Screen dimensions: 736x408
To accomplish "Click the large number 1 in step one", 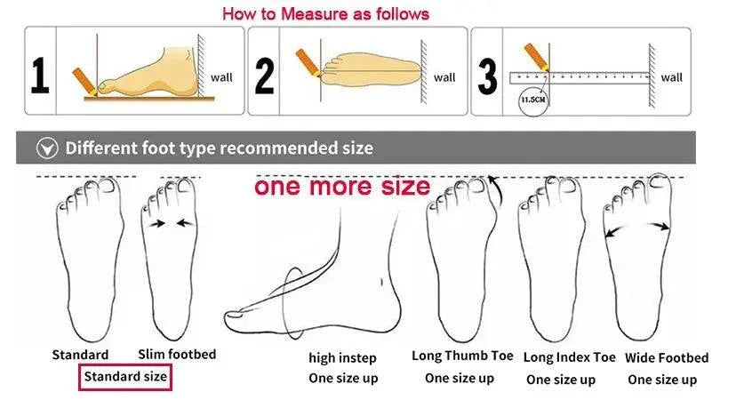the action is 40,76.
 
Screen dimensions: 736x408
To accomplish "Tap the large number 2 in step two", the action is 264,76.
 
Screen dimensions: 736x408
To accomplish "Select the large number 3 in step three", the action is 487,76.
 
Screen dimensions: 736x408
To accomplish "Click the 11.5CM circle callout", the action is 532,100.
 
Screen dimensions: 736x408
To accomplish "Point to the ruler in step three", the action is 580,77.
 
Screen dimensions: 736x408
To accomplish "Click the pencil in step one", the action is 85,81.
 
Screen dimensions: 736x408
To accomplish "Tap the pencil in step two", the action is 308,62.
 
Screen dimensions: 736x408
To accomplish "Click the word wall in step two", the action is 444,77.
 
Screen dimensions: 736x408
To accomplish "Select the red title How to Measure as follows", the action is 325,13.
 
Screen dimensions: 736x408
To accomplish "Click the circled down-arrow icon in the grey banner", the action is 47,148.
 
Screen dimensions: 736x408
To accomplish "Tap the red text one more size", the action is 342,187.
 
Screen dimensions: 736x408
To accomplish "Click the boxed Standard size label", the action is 125,377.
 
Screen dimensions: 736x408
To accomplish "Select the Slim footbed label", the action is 177,354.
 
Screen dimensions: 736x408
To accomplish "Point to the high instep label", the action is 342,357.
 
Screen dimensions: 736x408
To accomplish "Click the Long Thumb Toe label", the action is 462,356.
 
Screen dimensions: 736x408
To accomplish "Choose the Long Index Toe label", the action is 570,357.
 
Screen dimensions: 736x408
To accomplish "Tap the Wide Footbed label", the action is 667,357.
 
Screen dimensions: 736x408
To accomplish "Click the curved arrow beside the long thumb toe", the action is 497,190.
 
